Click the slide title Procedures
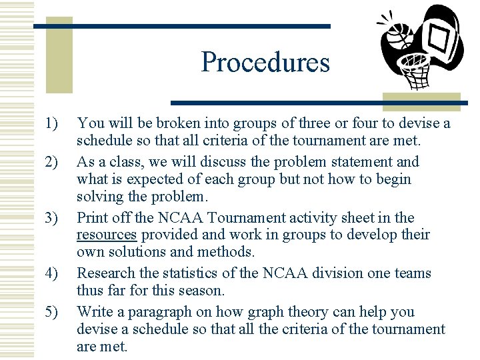(265, 62)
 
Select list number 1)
(52, 123)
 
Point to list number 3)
(52, 218)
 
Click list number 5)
(52, 311)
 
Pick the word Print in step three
(91, 218)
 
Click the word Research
(105, 273)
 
